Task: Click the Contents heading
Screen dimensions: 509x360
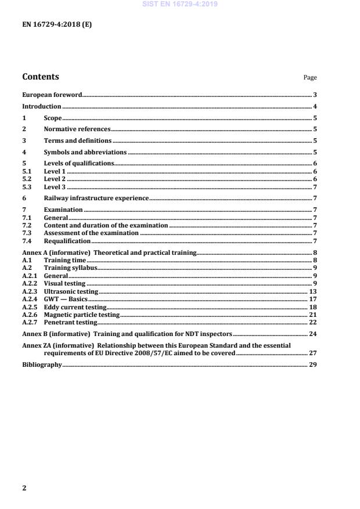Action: pyautogui.click(x=40, y=77)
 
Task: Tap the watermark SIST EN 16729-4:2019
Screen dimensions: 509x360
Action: pyautogui.click(x=180, y=4)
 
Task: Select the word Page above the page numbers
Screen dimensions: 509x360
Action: pyautogui.click(x=310, y=78)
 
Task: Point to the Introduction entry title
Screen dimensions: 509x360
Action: pyautogui.click(x=41, y=106)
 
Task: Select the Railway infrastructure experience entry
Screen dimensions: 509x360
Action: pyautogui.click(x=96, y=198)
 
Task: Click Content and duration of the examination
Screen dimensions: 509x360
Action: pyautogui.click(x=106, y=225)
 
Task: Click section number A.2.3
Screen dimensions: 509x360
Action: pyautogui.click(x=30, y=291)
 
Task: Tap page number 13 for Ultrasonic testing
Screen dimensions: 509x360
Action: pyautogui.click(x=313, y=291)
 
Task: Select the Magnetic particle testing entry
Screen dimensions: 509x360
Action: pyautogui.click(x=81, y=314)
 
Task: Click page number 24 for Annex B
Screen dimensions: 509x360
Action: pyautogui.click(x=312, y=335)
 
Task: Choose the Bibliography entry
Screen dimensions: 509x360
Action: pyautogui.click(x=42, y=364)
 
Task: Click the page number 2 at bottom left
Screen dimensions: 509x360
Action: pyautogui.click(x=24, y=488)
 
